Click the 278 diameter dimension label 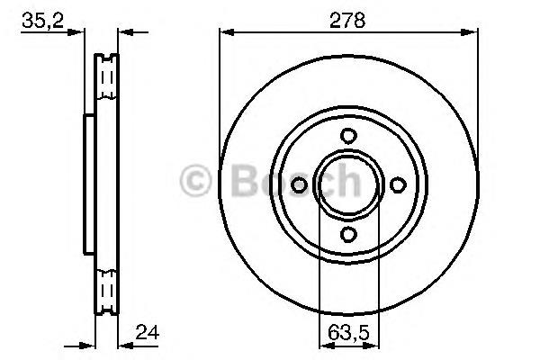(x=347, y=21)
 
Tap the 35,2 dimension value (x=42, y=21)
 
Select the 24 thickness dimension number (x=148, y=332)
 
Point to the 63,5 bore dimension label (x=348, y=333)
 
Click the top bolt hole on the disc (x=348, y=136)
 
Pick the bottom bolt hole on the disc (x=348, y=234)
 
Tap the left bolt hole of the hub (x=299, y=185)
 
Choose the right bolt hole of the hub (x=398, y=185)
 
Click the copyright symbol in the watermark (x=195, y=181)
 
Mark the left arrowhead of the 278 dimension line (x=227, y=32)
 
